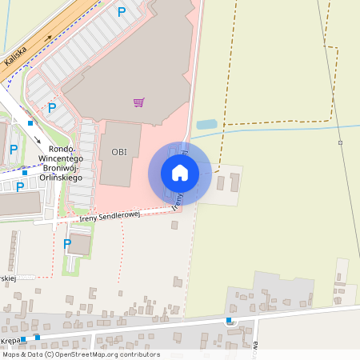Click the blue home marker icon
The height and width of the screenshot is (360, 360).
tap(180, 172)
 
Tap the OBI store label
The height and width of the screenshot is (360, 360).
tap(119, 152)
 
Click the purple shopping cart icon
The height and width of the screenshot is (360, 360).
tap(139, 102)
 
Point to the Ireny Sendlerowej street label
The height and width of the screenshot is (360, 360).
tap(110, 215)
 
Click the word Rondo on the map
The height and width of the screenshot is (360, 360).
tap(62, 149)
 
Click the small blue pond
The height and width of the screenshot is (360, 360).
tap(206, 124)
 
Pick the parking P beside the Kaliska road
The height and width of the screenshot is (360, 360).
tap(122, 12)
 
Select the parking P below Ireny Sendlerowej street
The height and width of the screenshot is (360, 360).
tap(67, 243)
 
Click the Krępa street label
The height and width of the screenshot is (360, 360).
tap(10, 340)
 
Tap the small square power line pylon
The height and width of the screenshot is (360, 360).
tap(340, 142)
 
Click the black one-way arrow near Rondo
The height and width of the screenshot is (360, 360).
tap(38, 138)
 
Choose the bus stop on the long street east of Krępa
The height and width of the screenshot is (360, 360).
tap(230, 321)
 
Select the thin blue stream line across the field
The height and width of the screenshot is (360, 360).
tap(280, 129)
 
